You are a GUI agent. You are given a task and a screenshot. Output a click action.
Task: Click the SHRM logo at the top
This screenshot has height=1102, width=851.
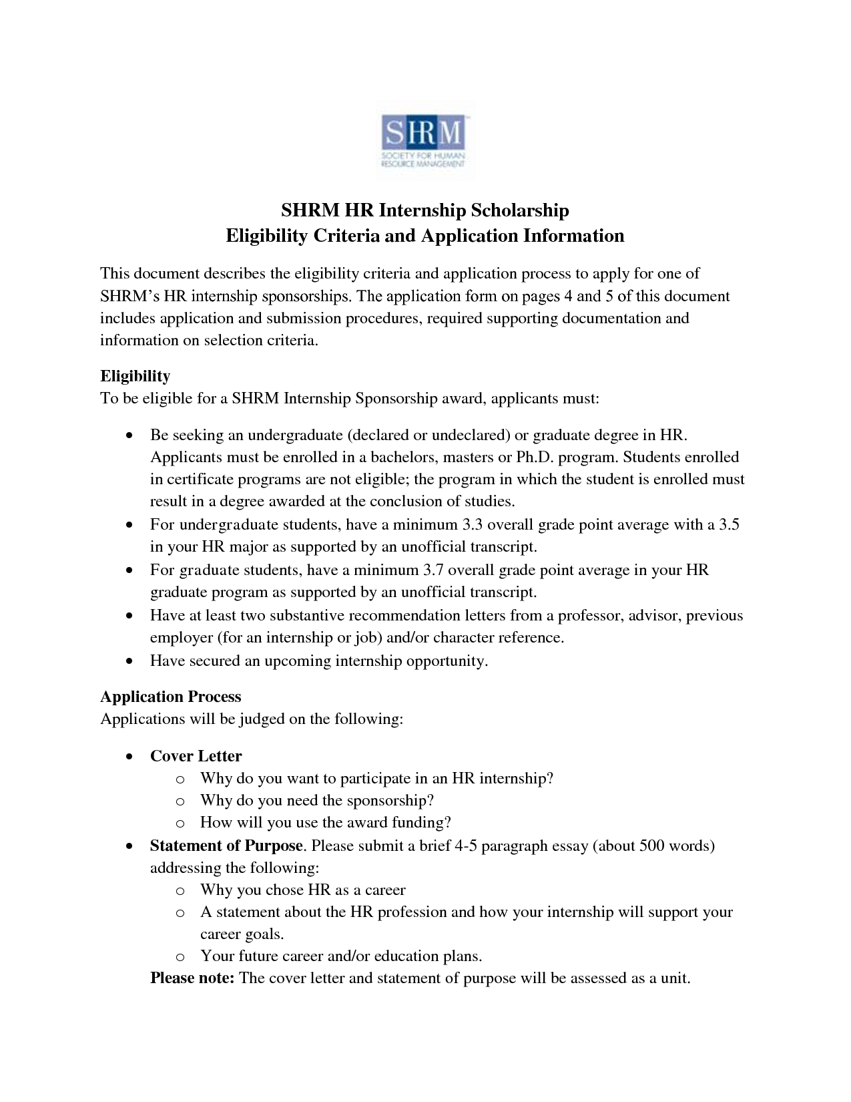click(424, 143)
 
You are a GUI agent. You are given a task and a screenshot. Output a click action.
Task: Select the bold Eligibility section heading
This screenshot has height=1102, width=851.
click(135, 376)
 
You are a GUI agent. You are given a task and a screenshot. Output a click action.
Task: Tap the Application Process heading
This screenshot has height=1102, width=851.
click(170, 697)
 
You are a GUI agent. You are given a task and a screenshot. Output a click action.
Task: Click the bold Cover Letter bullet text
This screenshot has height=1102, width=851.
click(196, 756)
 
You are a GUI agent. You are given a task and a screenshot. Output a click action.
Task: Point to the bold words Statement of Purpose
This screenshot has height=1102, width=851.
click(226, 846)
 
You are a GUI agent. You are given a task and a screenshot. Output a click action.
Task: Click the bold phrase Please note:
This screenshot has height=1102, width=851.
click(192, 978)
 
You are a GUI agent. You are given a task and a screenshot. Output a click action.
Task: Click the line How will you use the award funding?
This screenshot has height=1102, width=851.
click(326, 822)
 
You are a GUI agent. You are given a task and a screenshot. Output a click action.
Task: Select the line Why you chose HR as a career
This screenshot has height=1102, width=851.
click(302, 890)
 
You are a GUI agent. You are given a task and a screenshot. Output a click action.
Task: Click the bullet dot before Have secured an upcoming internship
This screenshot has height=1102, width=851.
click(129, 662)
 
